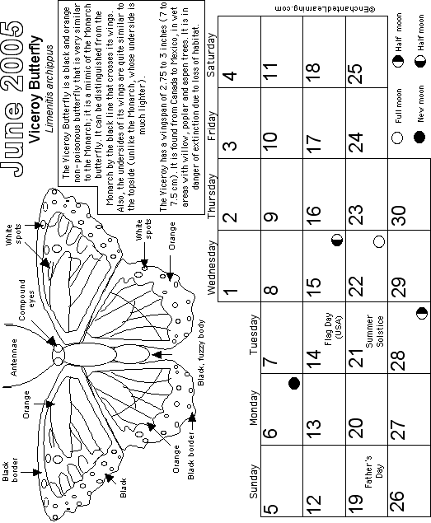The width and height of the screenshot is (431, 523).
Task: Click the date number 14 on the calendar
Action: [314, 359]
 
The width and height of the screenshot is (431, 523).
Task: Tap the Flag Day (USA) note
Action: [334, 329]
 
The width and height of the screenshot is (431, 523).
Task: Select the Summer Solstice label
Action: [375, 331]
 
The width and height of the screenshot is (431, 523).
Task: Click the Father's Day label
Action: [373, 471]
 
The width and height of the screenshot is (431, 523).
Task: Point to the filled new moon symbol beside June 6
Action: [294, 384]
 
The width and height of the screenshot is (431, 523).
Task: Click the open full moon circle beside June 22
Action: [379, 241]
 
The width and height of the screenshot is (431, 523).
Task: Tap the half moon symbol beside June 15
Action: [337, 240]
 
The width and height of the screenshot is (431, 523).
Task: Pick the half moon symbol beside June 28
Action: [422, 314]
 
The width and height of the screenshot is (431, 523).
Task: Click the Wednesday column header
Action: [212, 268]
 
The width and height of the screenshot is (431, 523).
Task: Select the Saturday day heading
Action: [211, 54]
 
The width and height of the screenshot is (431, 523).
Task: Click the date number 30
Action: [399, 215]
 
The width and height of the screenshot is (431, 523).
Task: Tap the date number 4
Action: [230, 76]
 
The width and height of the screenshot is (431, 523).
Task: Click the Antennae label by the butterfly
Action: [14, 357]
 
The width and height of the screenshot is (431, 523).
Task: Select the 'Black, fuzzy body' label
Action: [200, 353]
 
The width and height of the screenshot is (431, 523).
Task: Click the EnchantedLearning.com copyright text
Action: [325, 9]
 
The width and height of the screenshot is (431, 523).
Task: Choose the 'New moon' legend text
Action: [420, 104]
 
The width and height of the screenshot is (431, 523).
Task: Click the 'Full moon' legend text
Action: [398, 105]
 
